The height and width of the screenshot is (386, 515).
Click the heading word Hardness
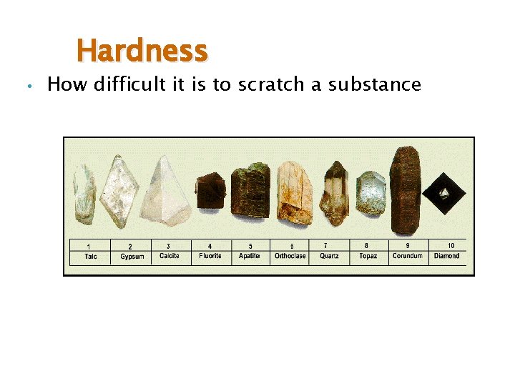[142, 51]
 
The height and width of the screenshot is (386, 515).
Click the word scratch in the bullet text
[270, 85]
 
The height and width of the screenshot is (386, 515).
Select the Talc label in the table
[91, 256]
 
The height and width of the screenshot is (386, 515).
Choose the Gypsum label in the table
[132, 257]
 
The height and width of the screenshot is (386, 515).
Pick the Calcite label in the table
[170, 256]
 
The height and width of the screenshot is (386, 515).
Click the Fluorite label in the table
[210, 256]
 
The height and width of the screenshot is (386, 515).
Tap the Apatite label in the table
[250, 256]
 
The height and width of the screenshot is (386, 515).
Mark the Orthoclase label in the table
[290, 256]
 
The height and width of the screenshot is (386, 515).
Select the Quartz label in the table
[329, 256]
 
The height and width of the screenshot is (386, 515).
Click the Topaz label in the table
[368, 256]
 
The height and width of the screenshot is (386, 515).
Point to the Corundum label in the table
[408, 256]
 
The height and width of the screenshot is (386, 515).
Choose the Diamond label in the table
[447, 256]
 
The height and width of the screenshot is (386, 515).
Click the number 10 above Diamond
[451, 246]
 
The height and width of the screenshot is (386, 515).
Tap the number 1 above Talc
[88, 247]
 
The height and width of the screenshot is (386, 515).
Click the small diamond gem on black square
[444, 192]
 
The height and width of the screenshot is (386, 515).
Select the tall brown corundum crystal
[405, 189]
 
